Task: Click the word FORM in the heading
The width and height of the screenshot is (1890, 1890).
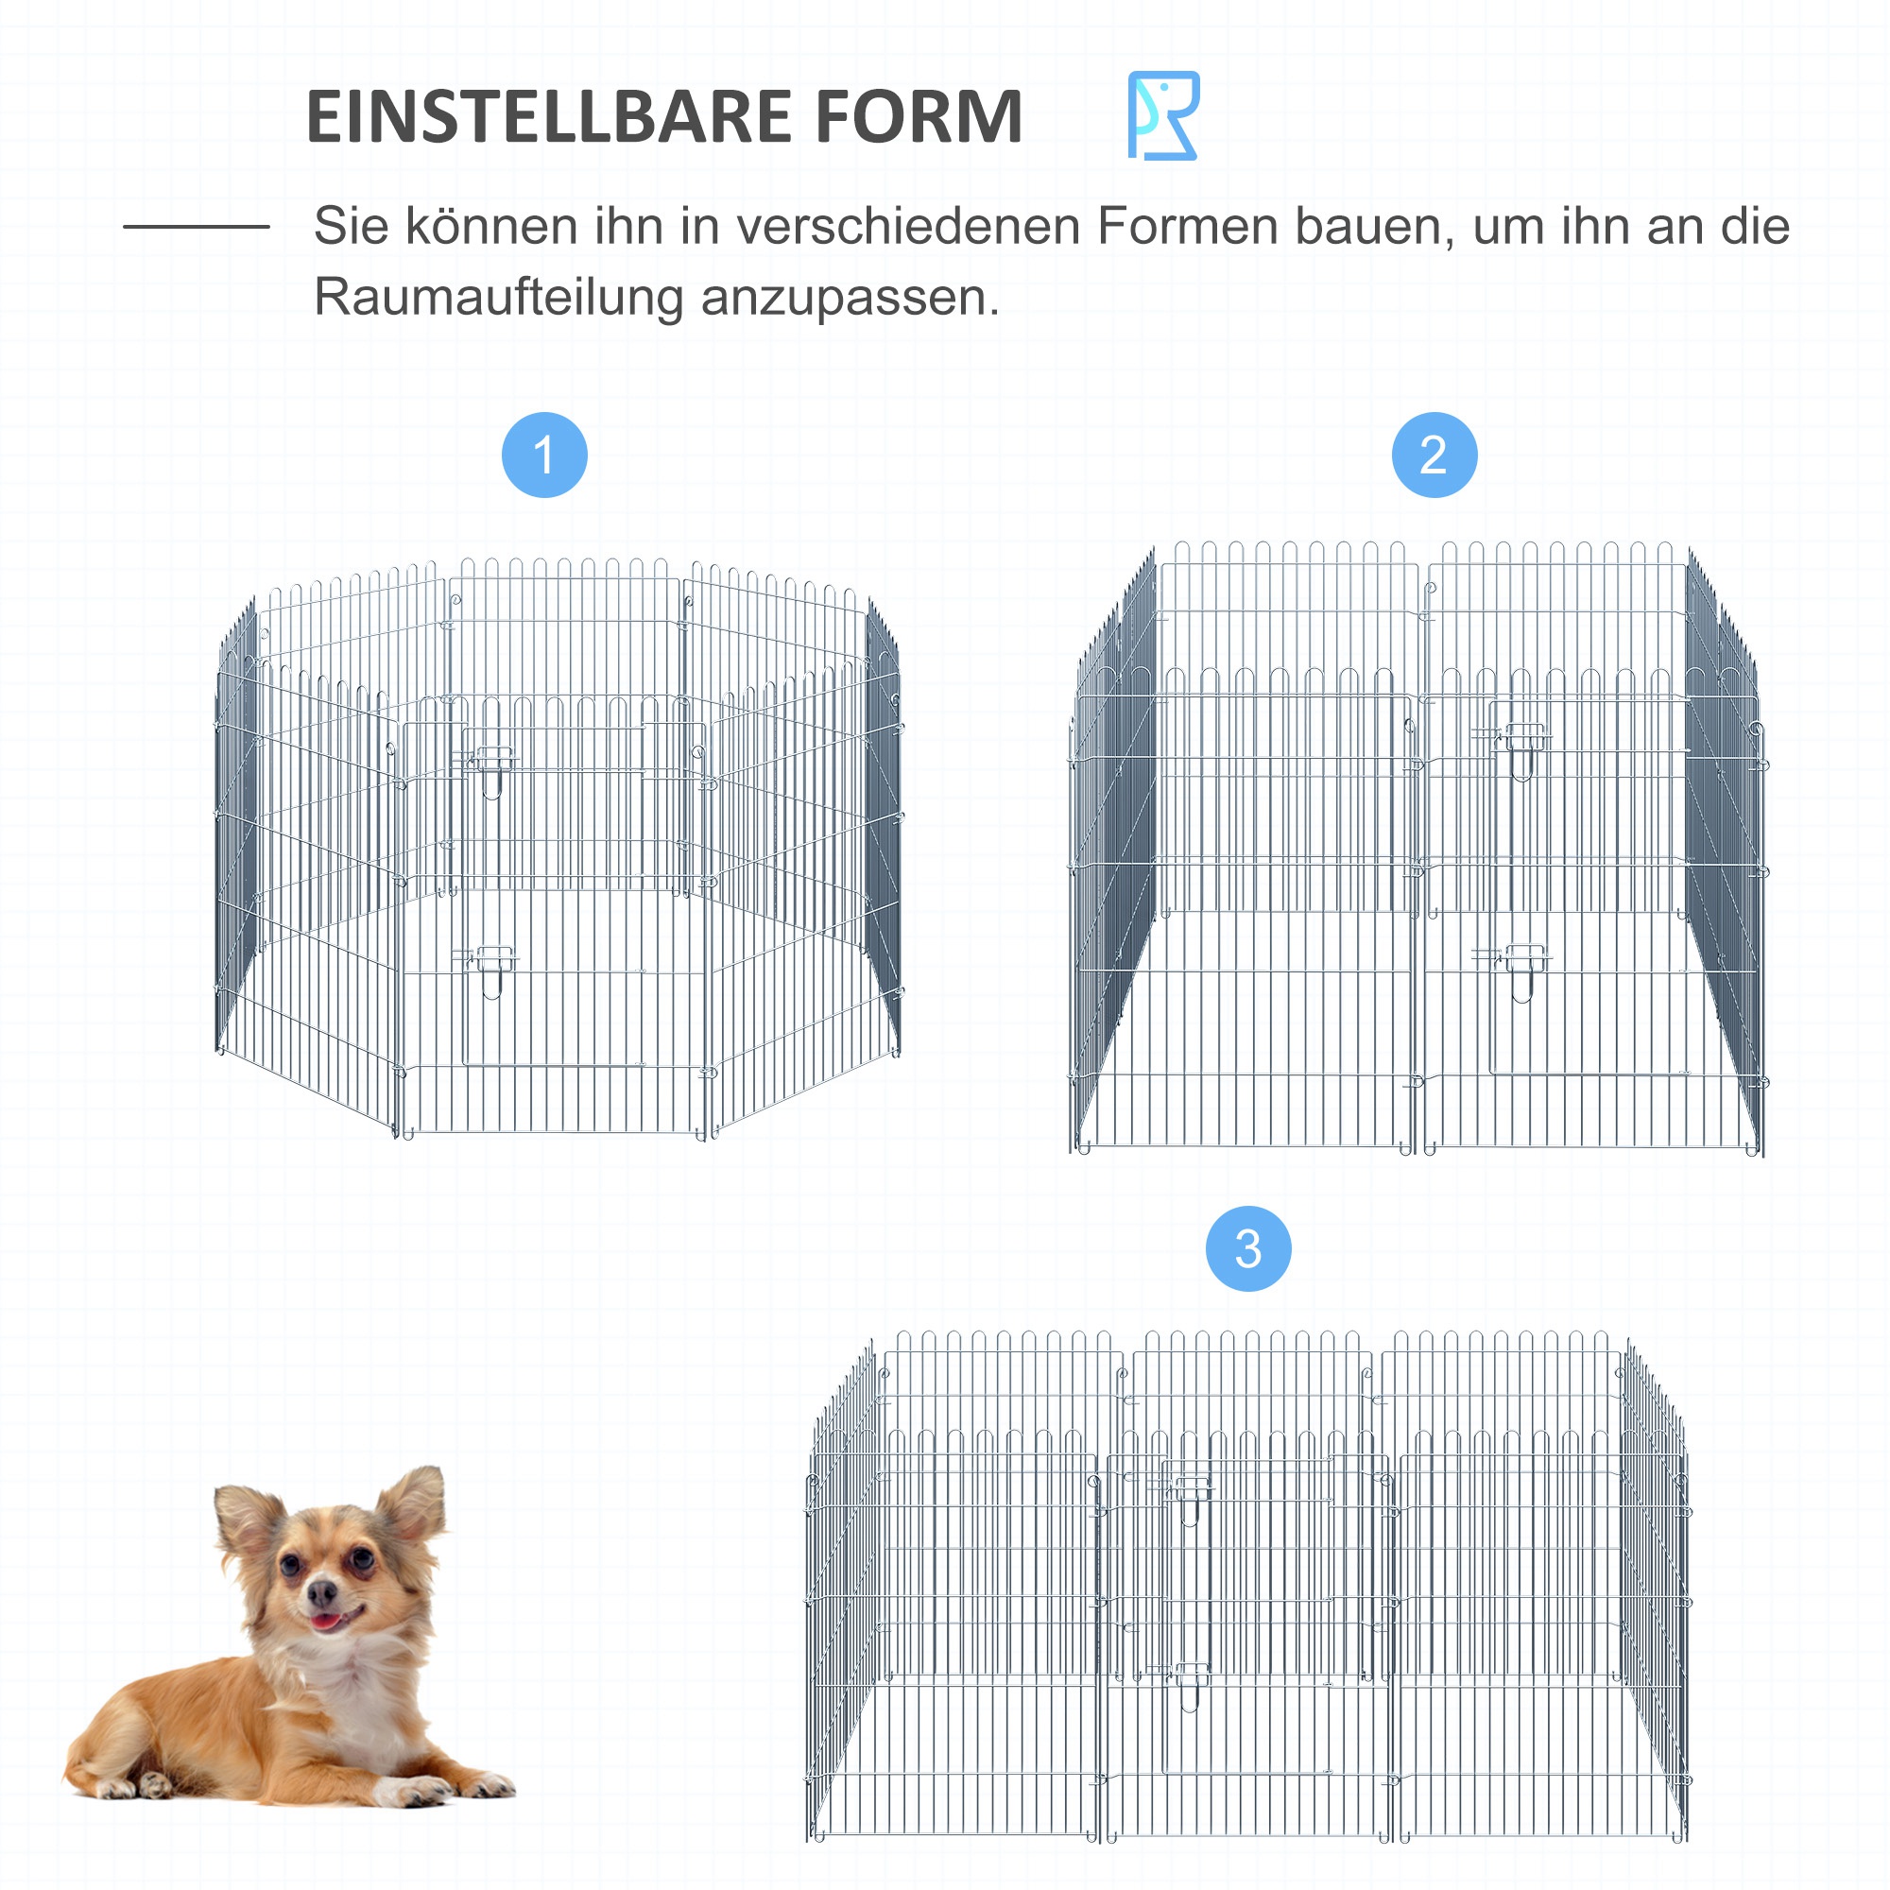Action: coord(919,117)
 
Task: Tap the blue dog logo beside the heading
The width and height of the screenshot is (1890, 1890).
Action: coord(1163,115)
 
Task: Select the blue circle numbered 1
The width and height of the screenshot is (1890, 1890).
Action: coord(544,455)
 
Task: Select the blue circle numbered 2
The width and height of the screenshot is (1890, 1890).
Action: coord(1435,455)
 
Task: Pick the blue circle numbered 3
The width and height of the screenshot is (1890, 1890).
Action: coord(1248,1248)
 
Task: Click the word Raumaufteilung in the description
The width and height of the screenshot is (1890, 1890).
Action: coord(498,298)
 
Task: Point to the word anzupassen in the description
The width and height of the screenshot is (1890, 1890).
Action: coord(850,298)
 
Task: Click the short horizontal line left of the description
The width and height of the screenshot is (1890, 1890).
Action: coord(196,227)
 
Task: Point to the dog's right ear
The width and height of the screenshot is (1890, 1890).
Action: coord(415,1502)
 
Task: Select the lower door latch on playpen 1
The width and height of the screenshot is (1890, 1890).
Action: coord(491,961)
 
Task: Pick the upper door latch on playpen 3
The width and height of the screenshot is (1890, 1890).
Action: coord(1191,1491)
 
